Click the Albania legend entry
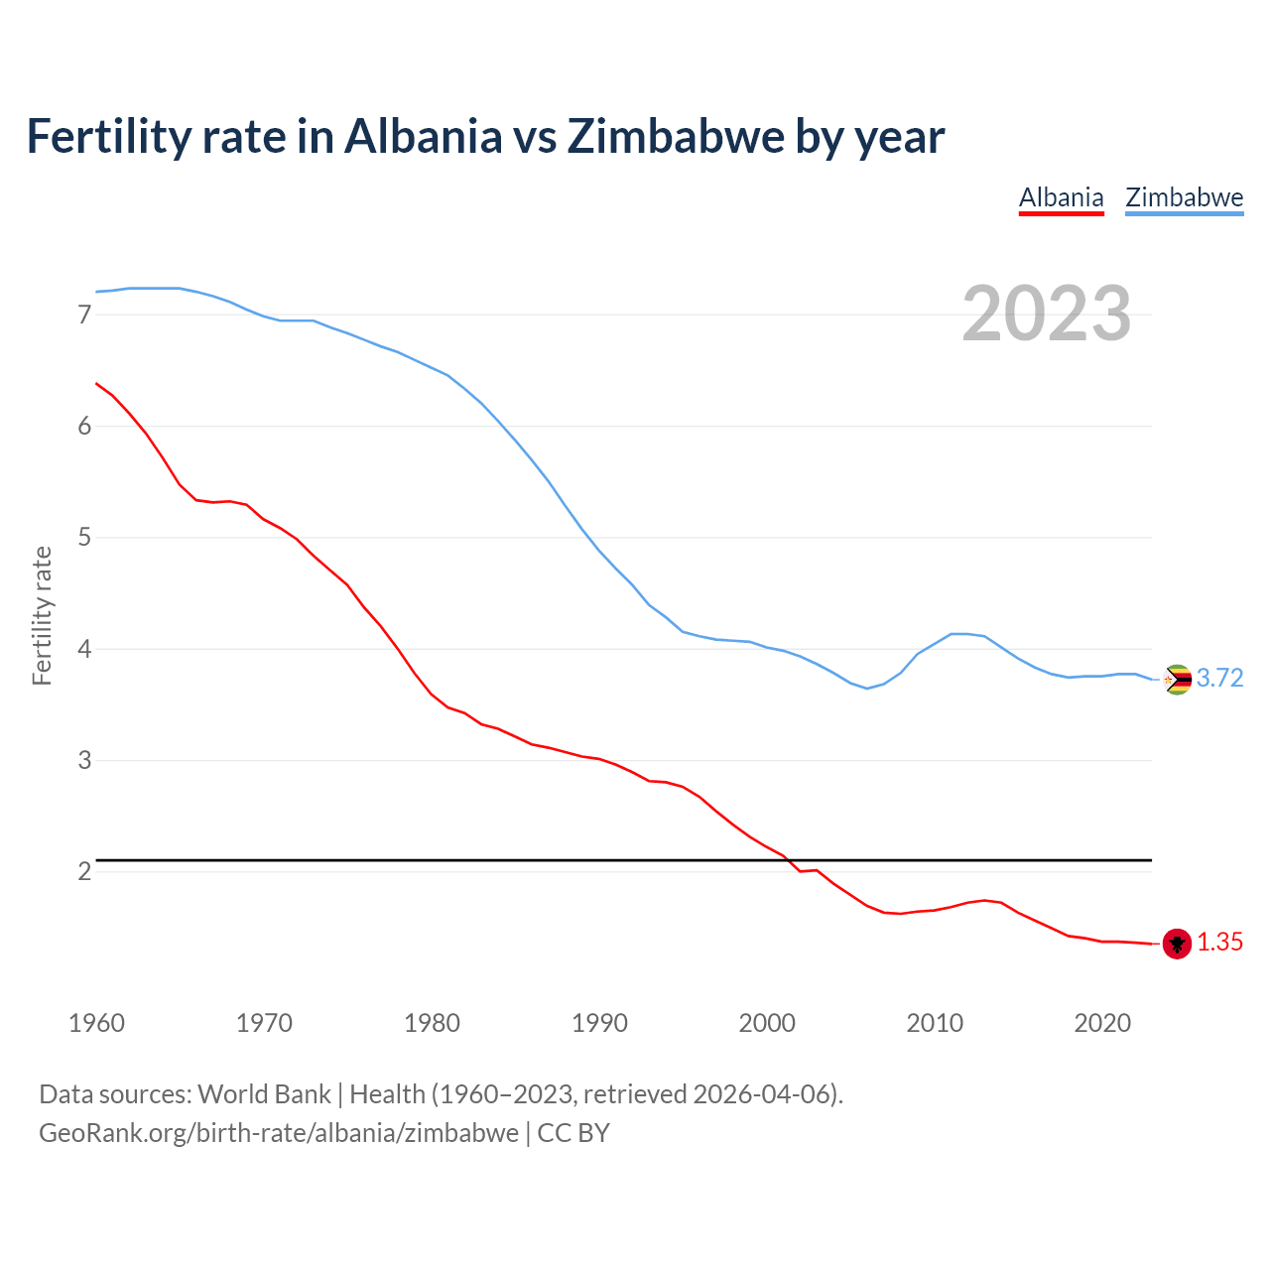pos(1061,197)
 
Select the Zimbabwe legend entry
pos(1184,197)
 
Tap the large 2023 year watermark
pos(1046,314)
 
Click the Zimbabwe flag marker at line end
pos(1177,680)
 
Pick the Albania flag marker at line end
pos(1177,944)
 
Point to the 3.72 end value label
pos(1219,679)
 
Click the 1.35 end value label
pos(1219,943)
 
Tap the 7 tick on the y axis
pos(84,316)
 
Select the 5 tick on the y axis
pos(84,538)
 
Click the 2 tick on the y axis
pos(84,872)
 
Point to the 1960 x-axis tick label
pos(96,1023)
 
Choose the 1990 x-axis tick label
pos(599,1023)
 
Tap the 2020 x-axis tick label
pos(1102,1023)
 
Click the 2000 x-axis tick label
pos(767,1023)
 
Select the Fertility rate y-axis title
pos(42,615)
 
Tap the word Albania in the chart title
pos(423,136)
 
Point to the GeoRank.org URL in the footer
pos(278,1133)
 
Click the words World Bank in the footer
pos(264,1094)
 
